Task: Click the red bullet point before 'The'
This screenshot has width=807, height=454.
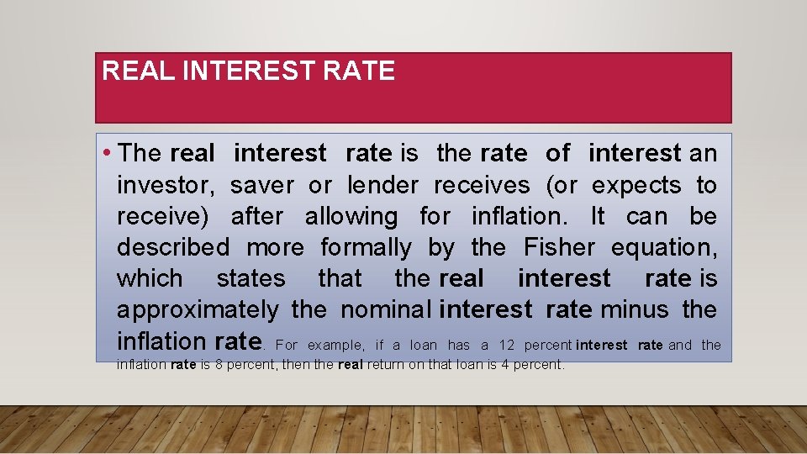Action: coord(108,154)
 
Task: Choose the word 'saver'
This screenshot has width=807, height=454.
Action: coord(262,185)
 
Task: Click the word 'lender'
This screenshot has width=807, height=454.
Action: coord(382,185)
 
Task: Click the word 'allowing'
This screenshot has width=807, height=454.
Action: coord(351,216)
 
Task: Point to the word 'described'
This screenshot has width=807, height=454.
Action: coord(172,247)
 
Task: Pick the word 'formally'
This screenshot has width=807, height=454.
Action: coord(366,247)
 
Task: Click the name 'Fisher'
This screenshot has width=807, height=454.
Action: coord(559,247)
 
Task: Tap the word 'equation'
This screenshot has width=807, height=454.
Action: coord(664,247)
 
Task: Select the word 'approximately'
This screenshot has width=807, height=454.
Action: coord(198,309)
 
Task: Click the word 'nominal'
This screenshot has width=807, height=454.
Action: coord(387,309)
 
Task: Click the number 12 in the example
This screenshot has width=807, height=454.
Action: coord(506,345)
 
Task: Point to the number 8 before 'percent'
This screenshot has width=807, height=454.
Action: coord(217,365)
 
